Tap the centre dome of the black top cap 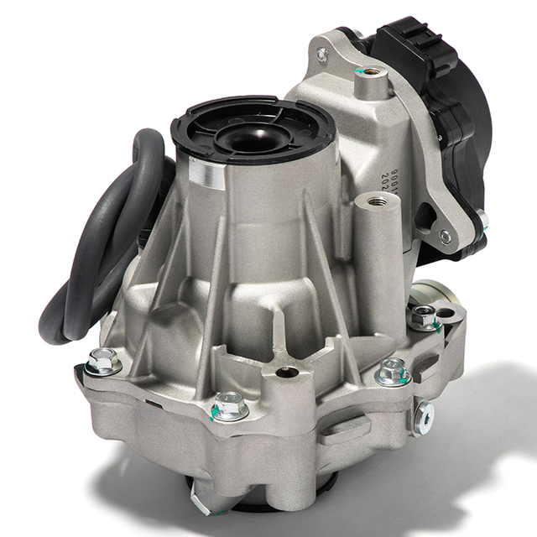pyautogui.click(x=253, y=134)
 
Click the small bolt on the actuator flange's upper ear pyautogui.click(x=322, y=55)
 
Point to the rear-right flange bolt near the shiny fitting pyautogui.click(x=425, y=316)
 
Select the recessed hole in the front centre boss pyautogui.click(x=287, y=371)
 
